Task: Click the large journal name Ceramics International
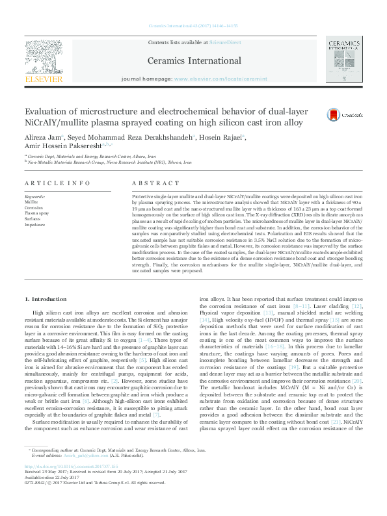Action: point(193,60)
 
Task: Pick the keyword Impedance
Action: point(35,225)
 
